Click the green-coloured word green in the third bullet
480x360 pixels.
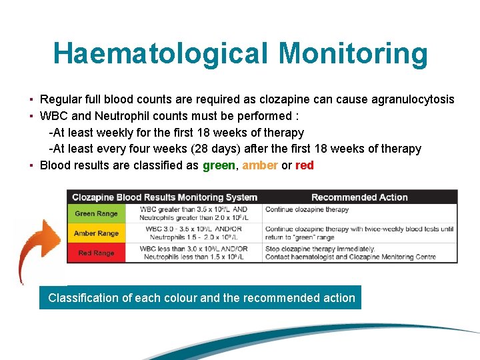(219, 165)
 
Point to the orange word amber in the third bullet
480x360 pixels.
(260, 165)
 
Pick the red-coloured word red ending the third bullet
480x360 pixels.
(304, 165)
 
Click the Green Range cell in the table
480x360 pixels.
(97, 213)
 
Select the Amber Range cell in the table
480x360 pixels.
(97, 233)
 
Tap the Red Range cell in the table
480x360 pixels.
(97, 253)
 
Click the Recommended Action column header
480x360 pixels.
(359, 197)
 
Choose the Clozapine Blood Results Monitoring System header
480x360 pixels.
(165, 197)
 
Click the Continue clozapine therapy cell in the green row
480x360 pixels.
(307, 209)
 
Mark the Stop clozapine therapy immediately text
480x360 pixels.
(321, 249)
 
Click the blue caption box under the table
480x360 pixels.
(201, 298)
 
